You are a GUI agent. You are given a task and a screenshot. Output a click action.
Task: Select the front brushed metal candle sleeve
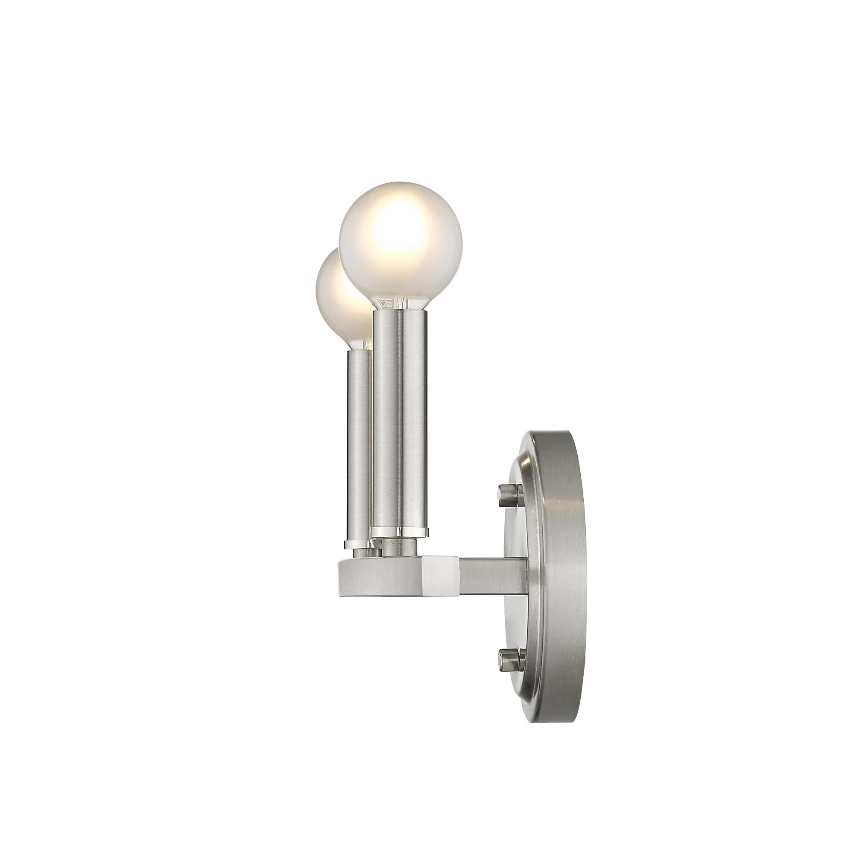tap(400, 420)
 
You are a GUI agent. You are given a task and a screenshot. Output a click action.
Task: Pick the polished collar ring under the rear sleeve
tap(356, 543)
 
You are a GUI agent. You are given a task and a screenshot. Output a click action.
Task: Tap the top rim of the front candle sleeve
tap(400, 313)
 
